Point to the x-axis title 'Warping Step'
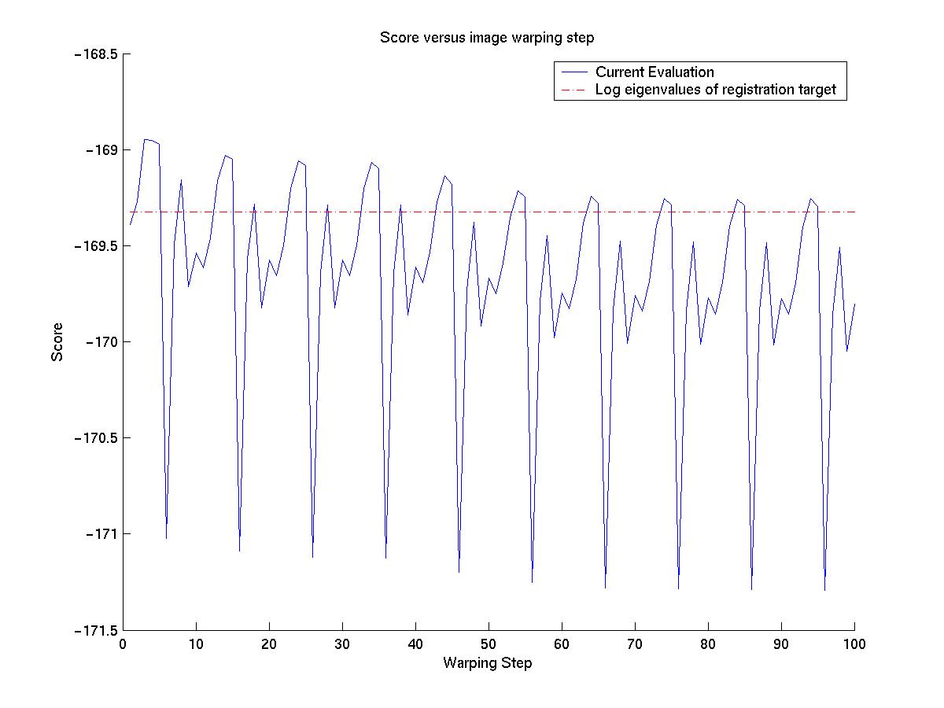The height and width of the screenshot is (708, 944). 487,663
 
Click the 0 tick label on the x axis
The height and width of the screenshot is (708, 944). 123,644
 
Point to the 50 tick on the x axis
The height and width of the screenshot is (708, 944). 489,644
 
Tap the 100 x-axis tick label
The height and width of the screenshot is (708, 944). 854,644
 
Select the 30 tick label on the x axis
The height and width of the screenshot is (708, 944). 342,644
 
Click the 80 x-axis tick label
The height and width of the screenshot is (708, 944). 708,644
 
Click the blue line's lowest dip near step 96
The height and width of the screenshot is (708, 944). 824,590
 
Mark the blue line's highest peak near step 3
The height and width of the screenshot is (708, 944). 145,139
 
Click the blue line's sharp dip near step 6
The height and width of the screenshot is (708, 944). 166,538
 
